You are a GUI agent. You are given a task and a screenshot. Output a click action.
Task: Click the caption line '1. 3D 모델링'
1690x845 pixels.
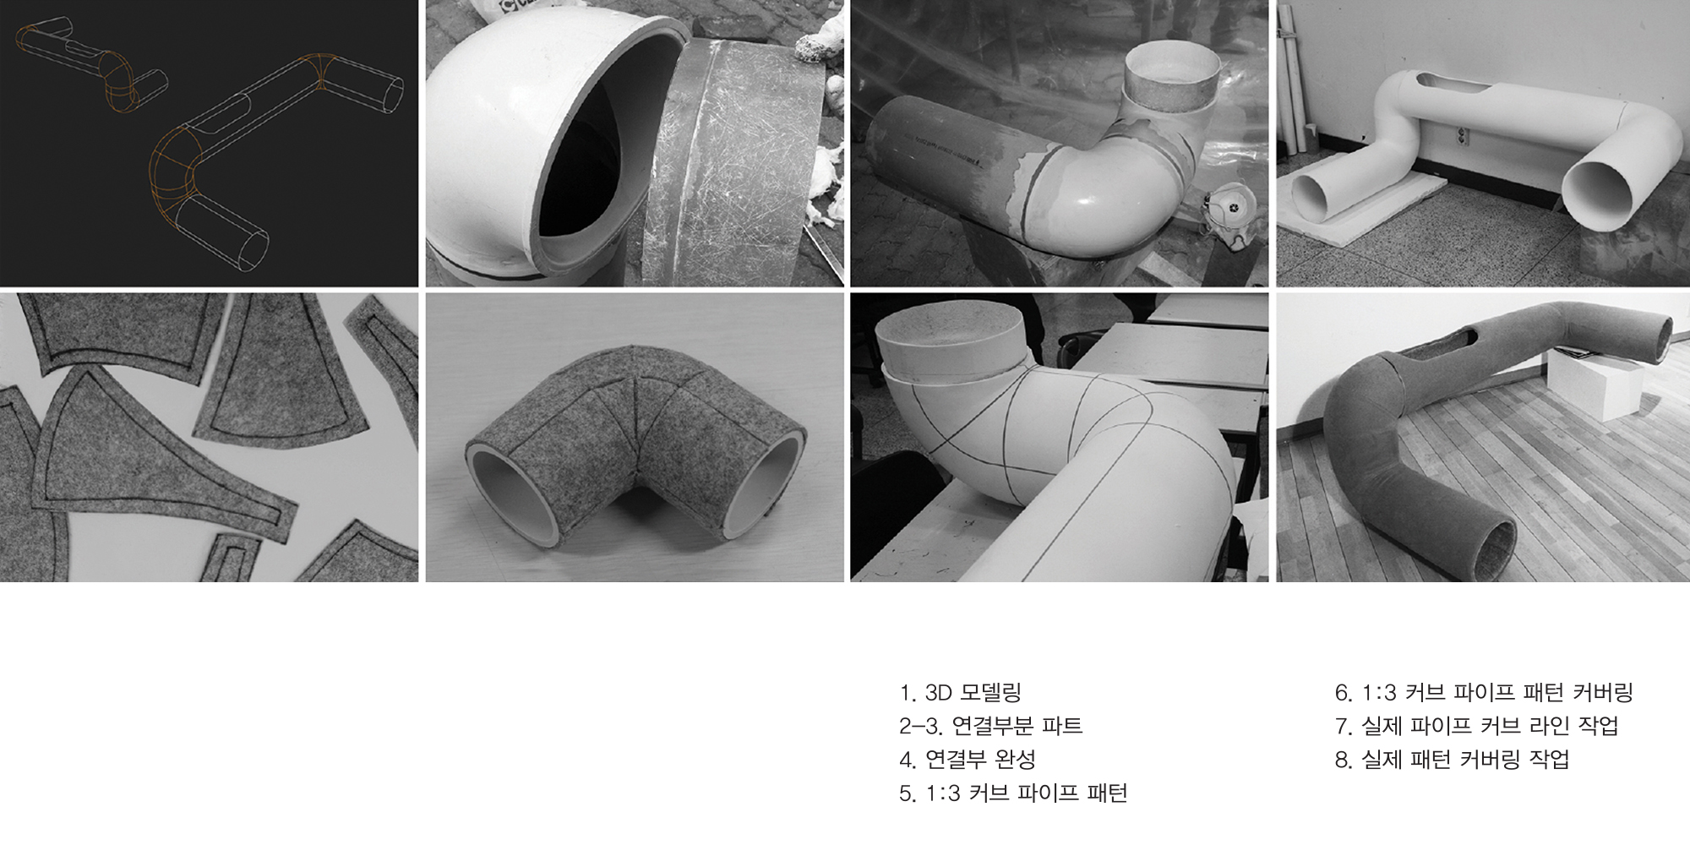pyautogui.click(x=961, y=693)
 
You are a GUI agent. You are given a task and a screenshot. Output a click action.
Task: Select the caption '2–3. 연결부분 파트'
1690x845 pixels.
pyautogui.click(x=990, y=726)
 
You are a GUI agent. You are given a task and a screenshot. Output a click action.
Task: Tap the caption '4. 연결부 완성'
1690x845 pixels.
pyautogui.click(x=968, y=760)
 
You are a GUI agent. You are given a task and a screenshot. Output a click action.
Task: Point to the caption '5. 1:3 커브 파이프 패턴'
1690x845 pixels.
pyautogui.click(x=1013, y=793)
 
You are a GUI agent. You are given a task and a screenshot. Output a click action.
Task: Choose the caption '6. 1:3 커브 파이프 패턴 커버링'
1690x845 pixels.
pyautogui.click(x=1483, y=693)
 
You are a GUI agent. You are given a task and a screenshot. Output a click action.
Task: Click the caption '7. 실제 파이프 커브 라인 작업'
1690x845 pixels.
pyautogui.click(x=1476, y=726)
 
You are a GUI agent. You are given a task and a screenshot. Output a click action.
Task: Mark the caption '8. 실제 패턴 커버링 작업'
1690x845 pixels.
pyautogui.click(x=1452, y=760)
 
